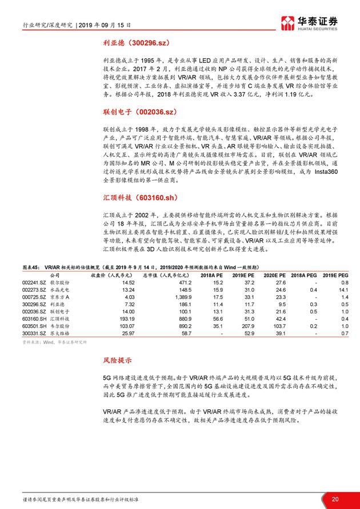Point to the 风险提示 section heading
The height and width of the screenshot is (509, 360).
click(118, 361)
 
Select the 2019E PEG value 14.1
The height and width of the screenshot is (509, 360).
click(342, 290)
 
